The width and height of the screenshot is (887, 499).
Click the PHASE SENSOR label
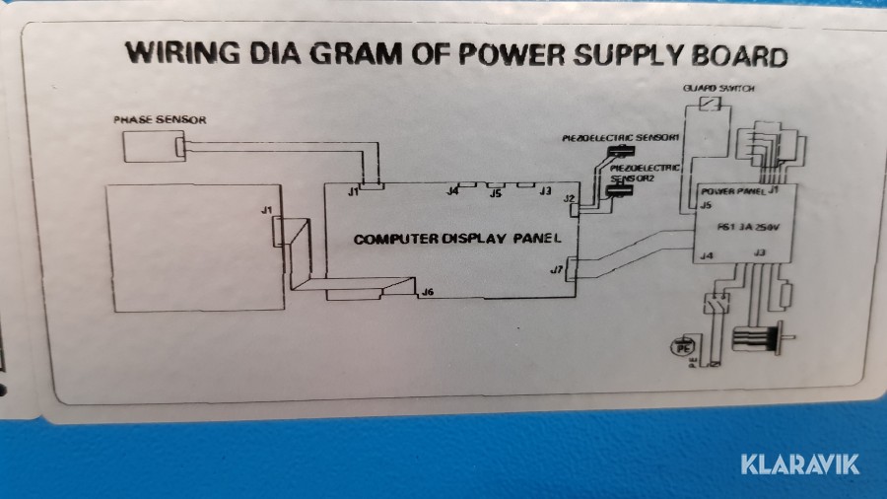(160, 119)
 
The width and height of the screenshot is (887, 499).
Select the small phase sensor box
(154, 148)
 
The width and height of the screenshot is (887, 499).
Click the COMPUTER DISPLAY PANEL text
(457, 239)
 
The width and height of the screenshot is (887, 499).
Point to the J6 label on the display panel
(427, 292)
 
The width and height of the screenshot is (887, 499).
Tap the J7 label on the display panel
(557, 268)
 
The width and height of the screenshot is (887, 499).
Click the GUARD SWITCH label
(718, 89)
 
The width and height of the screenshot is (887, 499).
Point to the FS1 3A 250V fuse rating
(749, 227)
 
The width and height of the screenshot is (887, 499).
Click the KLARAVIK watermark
(799, 463)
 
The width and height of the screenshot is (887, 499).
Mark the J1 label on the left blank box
(266, 210)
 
